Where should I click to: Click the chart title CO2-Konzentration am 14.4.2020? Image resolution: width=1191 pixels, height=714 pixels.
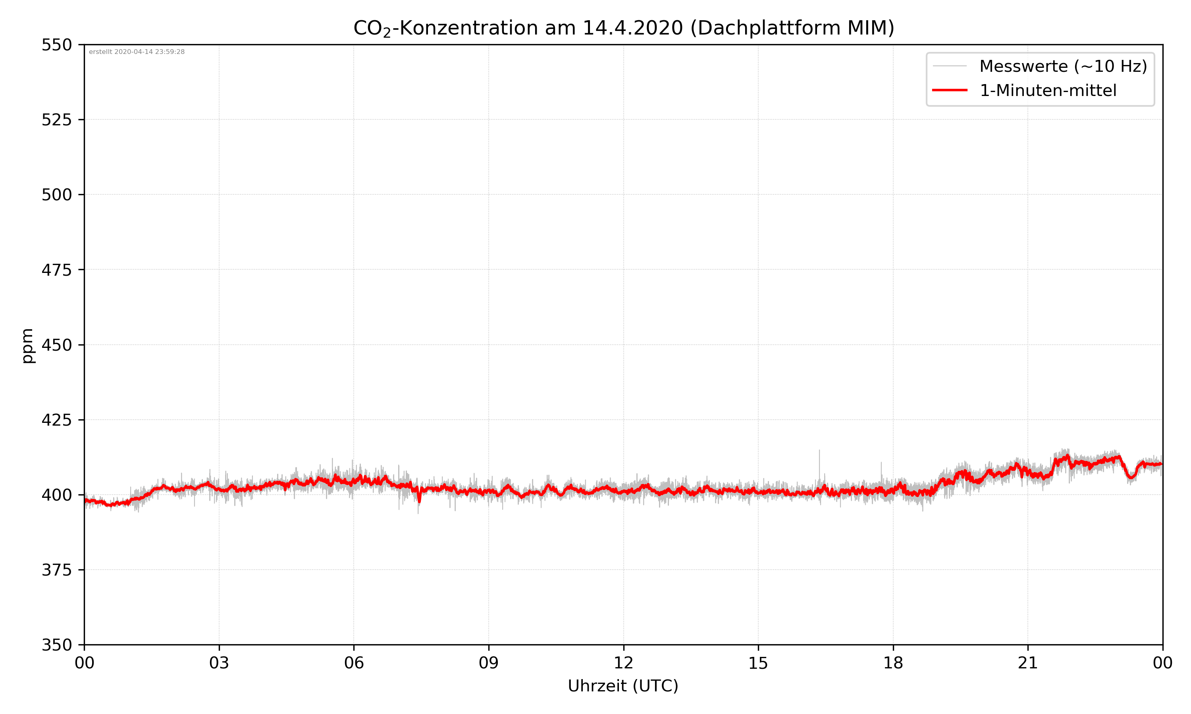click(623, 28)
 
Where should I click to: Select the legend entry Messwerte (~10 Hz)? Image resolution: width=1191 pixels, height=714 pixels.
click(1063, 66)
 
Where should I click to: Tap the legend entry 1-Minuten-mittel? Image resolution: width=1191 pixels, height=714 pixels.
click(1048, 90)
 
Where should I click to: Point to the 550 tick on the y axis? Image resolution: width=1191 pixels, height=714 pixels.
click(56, 45)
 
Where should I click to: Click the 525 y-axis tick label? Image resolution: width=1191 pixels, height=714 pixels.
click(56, 120)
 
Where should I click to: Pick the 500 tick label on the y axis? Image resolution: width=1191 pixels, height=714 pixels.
click(56, 195)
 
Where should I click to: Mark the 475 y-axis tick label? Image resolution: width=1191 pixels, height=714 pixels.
click(56, 270)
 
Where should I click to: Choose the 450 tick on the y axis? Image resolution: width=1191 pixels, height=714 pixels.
click(56, 345)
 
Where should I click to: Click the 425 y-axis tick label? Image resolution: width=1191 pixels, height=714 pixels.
click(56, 420)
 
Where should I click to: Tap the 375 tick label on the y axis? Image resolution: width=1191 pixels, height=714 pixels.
click(56, 570)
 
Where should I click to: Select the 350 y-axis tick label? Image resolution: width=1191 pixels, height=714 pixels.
click(56, 645)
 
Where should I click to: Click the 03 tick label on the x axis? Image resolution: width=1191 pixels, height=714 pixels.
click(219, 663)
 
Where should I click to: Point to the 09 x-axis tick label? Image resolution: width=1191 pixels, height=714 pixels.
click(489, 663)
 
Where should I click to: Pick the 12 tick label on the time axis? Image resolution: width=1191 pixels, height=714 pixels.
click(623, 663)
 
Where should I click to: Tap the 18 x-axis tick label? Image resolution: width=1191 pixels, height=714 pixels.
click(893, 663)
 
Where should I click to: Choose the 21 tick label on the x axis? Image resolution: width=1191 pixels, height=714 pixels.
click(1028, 663)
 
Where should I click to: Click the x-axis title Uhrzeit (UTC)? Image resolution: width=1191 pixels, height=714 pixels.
click(623, 686)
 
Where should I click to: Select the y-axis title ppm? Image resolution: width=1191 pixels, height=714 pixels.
click(27, 345)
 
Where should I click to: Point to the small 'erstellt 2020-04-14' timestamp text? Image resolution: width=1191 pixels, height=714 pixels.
click(137, 52)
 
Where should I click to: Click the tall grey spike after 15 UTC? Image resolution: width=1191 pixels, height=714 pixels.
click(819, 462)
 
